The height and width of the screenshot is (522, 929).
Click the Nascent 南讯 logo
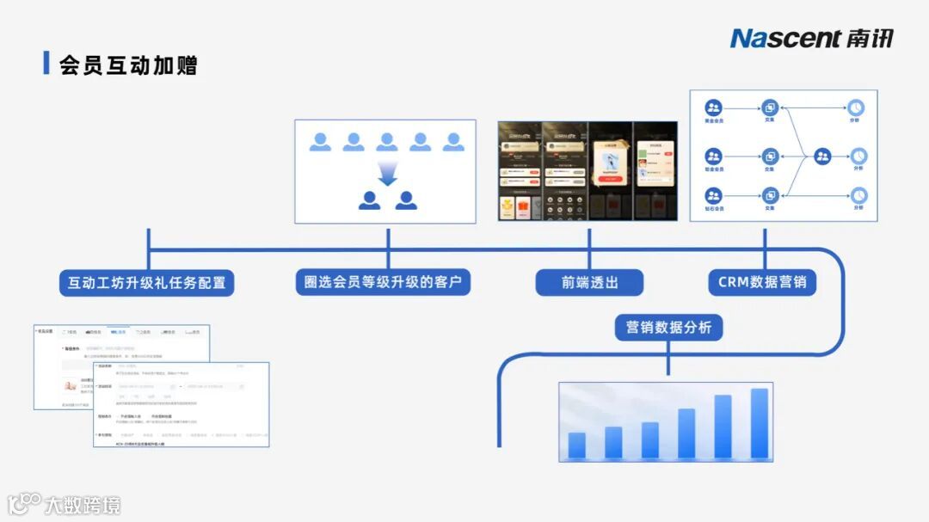811,38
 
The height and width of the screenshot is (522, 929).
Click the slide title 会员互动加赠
128,64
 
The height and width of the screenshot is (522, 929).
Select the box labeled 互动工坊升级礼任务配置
147,282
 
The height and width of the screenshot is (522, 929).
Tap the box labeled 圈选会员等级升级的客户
387,282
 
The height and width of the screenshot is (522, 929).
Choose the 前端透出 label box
589,282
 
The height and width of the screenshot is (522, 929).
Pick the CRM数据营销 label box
762,282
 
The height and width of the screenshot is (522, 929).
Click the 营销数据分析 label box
668,328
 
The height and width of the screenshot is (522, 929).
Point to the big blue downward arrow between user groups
387,174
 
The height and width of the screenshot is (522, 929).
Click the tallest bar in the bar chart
759,422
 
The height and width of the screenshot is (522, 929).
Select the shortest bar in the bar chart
576,445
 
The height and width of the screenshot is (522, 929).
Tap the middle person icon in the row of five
387,142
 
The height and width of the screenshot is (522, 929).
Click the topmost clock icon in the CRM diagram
857,107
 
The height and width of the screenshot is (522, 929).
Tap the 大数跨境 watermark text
83,505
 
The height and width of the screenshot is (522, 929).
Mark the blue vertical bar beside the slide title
46,63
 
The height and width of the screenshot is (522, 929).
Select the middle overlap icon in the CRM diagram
769,157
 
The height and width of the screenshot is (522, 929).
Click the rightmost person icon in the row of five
453,142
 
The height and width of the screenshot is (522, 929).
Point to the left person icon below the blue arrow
369,200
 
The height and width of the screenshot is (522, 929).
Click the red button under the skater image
611,180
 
